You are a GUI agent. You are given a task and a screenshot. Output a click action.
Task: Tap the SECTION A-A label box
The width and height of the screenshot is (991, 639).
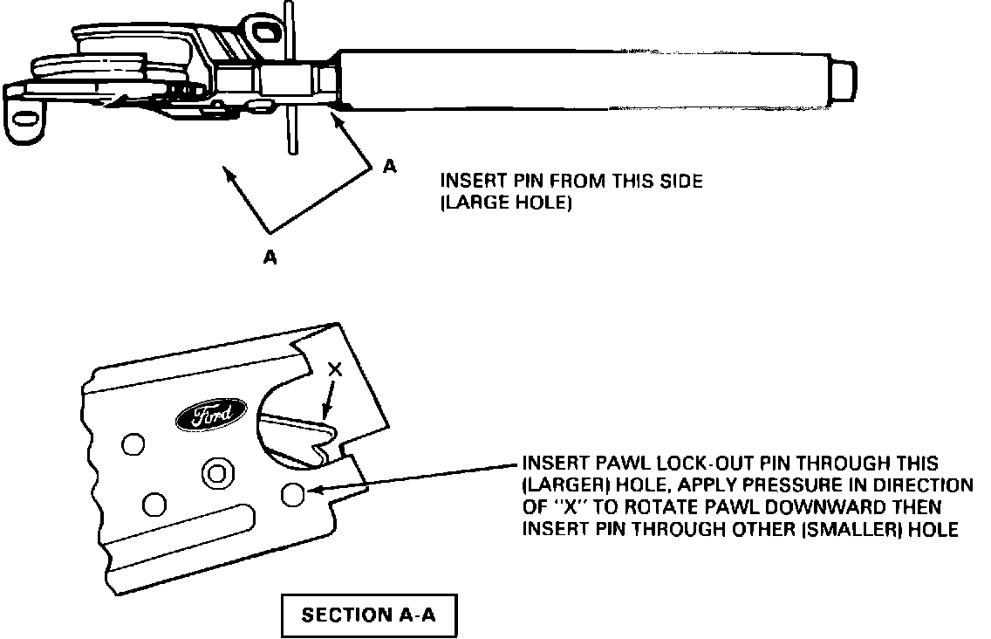pos(367,615)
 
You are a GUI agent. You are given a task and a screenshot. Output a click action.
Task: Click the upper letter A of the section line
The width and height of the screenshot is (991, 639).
pos(389,166)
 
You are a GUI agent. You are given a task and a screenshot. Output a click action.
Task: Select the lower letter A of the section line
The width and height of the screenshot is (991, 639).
pos(270,258)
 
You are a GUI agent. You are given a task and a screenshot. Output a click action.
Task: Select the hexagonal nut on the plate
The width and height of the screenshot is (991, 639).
pos(215,474)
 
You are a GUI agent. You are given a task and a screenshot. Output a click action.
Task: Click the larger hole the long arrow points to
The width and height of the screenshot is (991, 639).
pos(292,495)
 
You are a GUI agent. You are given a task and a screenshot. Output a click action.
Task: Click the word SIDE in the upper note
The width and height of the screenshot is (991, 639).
pos(680,182)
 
